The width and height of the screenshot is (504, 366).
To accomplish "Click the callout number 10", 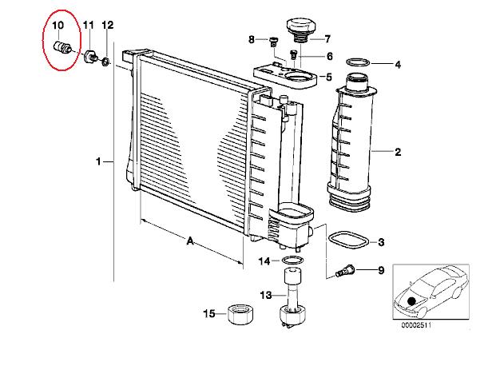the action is click(x=58, y=25).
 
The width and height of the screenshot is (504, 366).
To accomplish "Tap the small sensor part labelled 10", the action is click(x=62, y=47).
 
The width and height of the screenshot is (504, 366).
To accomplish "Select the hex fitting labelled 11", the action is click(x=90, y=57).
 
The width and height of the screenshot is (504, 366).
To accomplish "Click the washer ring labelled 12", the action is click(x=105, y=61).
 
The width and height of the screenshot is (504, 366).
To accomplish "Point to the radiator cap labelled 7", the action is click(x=301, y=30).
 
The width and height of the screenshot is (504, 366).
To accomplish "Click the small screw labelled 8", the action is click(x=273, y=42).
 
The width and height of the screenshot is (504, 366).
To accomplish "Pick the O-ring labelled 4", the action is click(x=358, y=62).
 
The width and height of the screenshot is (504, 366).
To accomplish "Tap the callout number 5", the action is click(x=328, y=78).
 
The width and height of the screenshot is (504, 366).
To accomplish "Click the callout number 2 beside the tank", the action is click(x=398, y=152).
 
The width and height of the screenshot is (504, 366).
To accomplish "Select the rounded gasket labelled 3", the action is click(x=347, y=240).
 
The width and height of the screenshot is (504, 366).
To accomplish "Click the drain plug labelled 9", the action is click(x=344, y=271).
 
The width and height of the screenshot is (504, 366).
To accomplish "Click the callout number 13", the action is click(x=266, y=295).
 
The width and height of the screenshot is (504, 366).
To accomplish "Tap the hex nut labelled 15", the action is click(x=241, y=313).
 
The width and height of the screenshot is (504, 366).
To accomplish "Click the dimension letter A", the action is click(x=190, y=241).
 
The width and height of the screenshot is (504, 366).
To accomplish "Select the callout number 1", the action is click(x=99, y=161).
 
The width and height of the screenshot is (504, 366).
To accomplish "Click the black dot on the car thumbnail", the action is click(x=411, y=301).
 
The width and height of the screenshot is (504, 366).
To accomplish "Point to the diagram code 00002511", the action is click(x=416, y=324).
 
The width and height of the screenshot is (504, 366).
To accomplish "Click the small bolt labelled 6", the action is click(x=293, y=54).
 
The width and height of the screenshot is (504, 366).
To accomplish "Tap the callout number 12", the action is click(x=108, y=25).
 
